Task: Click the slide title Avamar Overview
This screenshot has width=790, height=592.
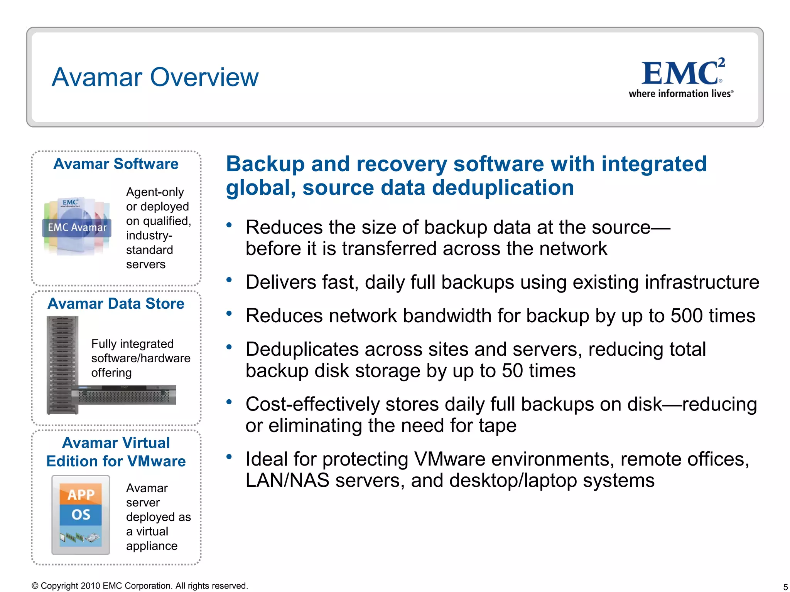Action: click(x=155, y=77)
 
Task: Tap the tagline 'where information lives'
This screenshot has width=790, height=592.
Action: click(x=680, y=94)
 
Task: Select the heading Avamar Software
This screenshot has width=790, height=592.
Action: click(x=116, y=164)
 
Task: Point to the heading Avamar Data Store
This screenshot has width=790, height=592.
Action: click(x=116, y=304)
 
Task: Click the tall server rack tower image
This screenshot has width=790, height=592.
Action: click(x=62, y=364)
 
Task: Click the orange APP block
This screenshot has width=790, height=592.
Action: click(x=81, y=494)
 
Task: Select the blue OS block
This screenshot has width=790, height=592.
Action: click(x=81, y=515)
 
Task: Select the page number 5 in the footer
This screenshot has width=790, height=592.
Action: click(x=785, y=587)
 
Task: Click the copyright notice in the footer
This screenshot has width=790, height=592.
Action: click(x=140, y=586)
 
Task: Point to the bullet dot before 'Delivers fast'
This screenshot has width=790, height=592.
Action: click(x=229, y=280)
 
